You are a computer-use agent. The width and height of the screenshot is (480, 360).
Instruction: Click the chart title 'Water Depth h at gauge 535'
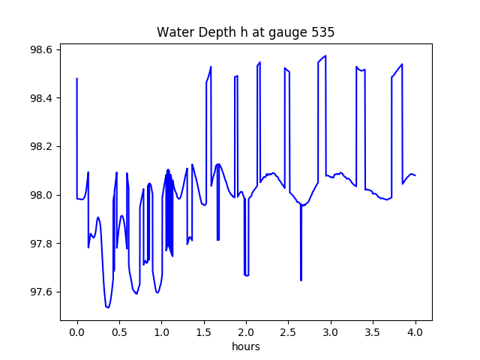[x=245, y=32]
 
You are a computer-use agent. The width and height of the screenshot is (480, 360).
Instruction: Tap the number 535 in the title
[x=323, y=32]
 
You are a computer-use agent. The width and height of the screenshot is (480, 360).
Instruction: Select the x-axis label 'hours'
[x=246, y=346]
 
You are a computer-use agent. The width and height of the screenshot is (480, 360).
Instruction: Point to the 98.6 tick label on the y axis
[x=40, y=49]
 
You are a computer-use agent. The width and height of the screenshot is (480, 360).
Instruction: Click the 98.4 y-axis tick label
[x=40, y=98]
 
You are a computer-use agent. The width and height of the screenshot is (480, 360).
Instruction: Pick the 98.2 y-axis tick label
[x=40, y=147]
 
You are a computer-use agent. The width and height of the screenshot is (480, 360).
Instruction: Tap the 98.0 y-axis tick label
[x=40, y=195]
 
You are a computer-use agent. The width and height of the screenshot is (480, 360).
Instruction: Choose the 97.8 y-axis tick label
[x=40, y=244]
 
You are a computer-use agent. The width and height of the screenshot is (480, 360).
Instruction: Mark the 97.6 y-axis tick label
[x=40, y=292]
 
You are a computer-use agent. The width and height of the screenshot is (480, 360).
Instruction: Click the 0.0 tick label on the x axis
[x=77, y=332]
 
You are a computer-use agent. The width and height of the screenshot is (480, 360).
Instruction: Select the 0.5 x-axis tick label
[x=119, y=332]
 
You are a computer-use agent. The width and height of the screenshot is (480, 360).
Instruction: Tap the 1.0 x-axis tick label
[x=162, y=332]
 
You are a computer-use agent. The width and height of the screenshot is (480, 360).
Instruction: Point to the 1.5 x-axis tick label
[x=204, y=332]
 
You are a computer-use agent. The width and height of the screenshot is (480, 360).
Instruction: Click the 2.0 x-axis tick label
[x=246, y=332]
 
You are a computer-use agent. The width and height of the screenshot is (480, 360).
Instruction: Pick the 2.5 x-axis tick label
[x=288, y=332]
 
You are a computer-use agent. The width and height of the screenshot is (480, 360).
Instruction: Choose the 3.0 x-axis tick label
[x=331, y=332]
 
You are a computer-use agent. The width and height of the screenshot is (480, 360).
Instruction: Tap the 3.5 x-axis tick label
[x=373, y=332]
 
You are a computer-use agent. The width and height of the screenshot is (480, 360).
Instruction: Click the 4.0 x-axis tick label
[x=415, y=332]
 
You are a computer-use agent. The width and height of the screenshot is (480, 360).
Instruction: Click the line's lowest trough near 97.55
[x=108, y=307]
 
